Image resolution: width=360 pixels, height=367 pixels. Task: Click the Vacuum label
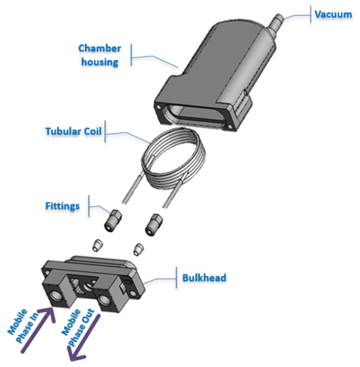coord(333,14)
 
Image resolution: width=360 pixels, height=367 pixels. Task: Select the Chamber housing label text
coord(100,55)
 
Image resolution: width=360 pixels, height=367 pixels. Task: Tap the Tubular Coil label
coord(73,131)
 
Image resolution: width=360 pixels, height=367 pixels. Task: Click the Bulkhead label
coord(204,278)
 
